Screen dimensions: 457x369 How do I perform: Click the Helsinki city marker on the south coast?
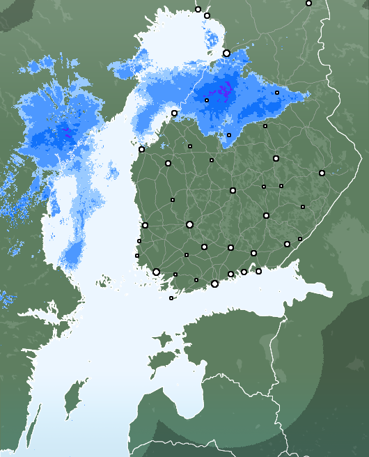click(214, 284)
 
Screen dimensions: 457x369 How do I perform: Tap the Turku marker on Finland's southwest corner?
click(156, 272)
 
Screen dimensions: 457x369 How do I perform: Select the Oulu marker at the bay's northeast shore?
click(226, 53)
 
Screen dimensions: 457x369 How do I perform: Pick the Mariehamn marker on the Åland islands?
click(171, 298)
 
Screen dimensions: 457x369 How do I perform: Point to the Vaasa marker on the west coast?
click(141, 149)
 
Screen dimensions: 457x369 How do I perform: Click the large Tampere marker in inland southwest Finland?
click(189, 224)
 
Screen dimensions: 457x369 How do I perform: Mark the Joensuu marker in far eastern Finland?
click(322, 173)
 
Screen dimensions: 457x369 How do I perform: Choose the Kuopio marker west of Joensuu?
click(276, 159)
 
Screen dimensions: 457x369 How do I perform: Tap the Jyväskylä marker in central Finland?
click(233, 190)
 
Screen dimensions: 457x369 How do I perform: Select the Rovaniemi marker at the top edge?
click(198, 9)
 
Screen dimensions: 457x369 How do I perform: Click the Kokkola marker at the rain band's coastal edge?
click(174, 113)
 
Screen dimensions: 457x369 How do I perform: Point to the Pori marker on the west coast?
click(145, 225)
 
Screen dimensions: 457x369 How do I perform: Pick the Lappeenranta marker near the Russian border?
click(287, 244)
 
